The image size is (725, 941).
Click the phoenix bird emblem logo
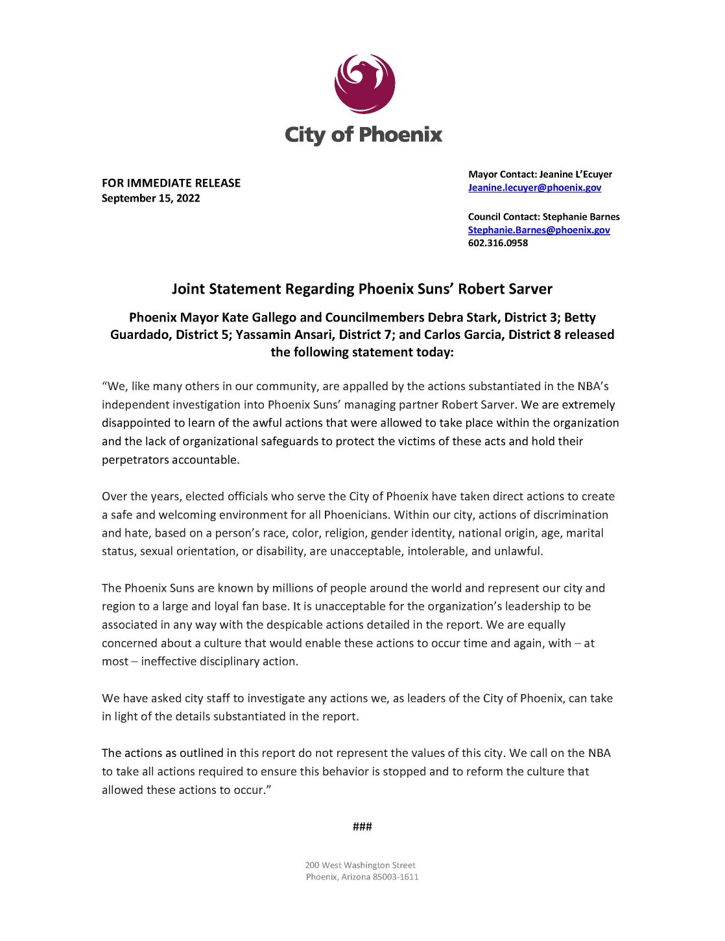point(364,84)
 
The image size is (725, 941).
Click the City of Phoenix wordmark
point(363,135)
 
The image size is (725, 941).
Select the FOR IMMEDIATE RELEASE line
point(171,183)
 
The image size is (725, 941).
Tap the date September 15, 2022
point(150,198)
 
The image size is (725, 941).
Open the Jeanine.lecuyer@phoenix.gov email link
point(534,187)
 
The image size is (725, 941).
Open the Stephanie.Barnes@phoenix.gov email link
point(539,230)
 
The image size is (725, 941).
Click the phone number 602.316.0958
point(498,243)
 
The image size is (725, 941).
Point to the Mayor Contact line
point(540,174)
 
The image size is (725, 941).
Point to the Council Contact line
point(543,216)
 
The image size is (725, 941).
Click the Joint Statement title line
point(362,289)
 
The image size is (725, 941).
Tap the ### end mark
point(362,826)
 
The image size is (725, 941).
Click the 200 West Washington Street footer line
point(360,865)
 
